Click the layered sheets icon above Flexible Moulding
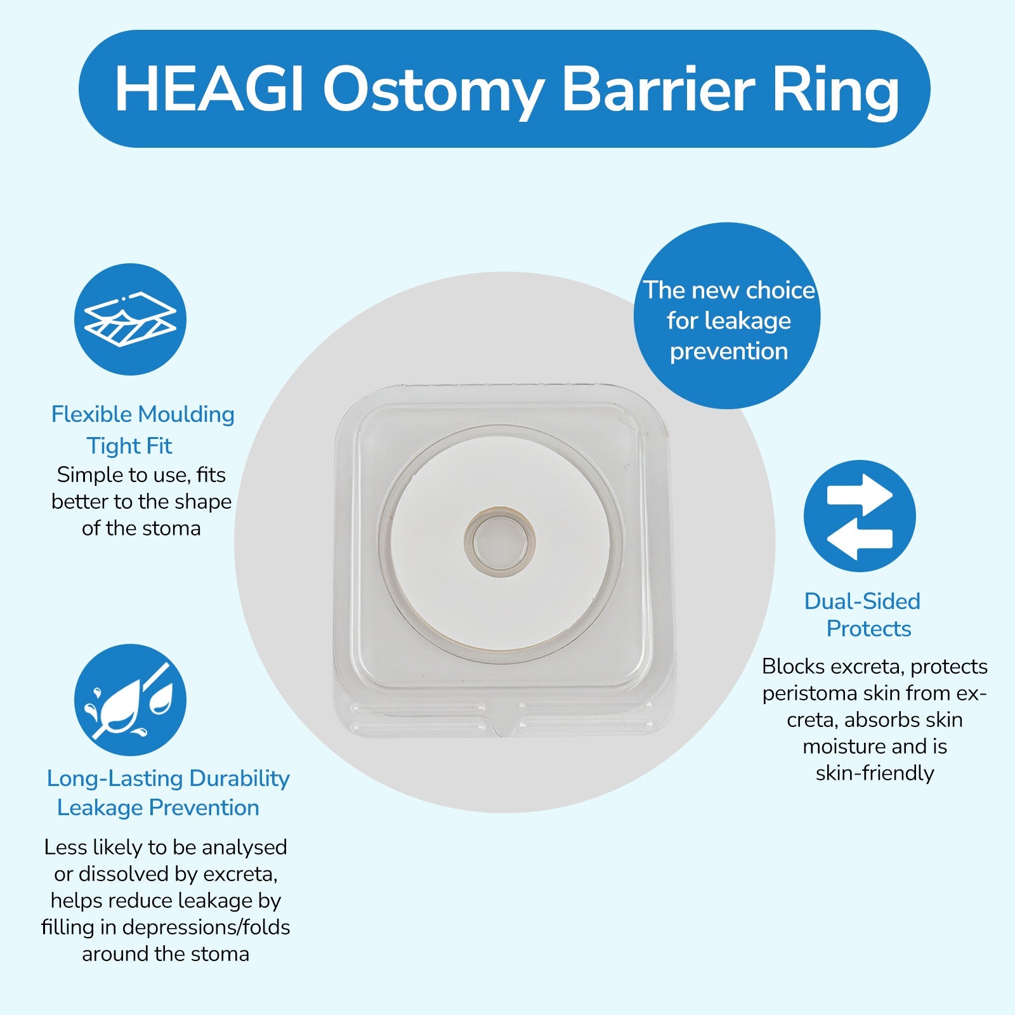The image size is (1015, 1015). coord(130,319)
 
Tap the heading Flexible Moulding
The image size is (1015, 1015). coord(143,414)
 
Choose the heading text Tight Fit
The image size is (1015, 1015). coord(129,446)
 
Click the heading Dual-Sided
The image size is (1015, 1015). coord(862,601)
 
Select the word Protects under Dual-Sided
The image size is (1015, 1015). coord(868,629)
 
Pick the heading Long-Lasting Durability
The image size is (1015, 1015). coord(168,778)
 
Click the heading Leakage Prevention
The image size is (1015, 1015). coord(158,808)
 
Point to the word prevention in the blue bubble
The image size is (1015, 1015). coord(729,351)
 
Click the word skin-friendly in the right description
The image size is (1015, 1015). coord(875,773)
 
